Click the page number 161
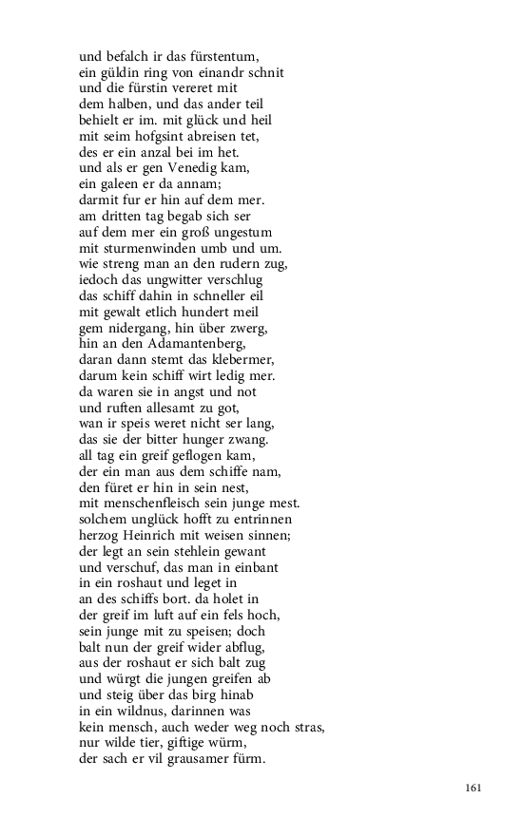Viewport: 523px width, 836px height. click(475, 788)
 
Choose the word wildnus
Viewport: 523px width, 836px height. click(132, 712)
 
